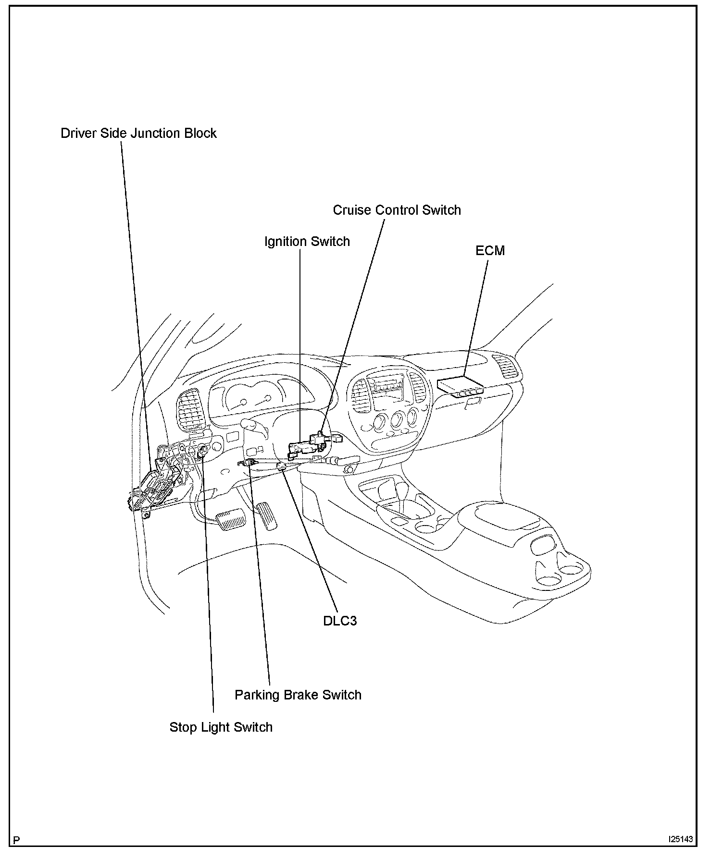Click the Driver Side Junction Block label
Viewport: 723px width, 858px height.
pos(138,133)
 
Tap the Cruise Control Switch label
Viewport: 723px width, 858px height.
pos(397,210)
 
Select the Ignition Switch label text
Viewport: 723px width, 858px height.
pos(307,241)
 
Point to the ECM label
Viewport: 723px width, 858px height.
pos(490,250)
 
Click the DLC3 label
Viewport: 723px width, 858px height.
pos(340,621)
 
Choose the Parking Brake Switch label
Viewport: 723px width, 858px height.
pos(298,695)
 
